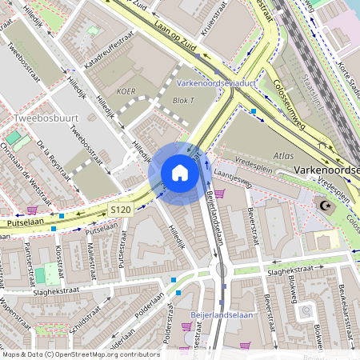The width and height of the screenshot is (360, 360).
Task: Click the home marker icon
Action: (x=179, y=173)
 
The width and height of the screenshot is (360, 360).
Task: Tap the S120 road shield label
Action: (x=121, y=210)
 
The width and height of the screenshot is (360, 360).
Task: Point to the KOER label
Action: (x=126, y=91)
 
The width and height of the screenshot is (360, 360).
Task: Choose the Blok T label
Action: (x=183, y=101)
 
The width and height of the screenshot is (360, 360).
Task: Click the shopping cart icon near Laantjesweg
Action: (x=220, y=193)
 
